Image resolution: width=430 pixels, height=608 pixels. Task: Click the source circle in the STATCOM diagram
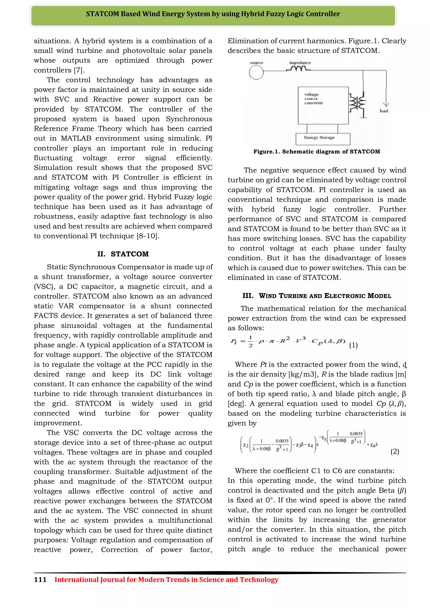(x=256, y=72)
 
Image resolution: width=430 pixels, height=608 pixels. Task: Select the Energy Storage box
(x=323, y=139)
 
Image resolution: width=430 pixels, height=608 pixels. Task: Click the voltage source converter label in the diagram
(x=313, y=99)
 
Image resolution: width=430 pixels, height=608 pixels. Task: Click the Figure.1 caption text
(x=317, y=152)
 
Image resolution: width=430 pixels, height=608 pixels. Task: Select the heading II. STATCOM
(x=123, y=254)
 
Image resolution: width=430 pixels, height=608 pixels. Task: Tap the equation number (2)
(x=395, y=452)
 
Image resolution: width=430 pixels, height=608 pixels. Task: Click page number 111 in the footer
(x=40, y=580)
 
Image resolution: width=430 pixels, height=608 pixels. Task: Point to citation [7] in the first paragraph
(x=79, y=70)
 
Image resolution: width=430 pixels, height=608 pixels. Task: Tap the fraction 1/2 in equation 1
(x=250, y=342)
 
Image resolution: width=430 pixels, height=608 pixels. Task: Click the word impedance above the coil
(x=300, y=63)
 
